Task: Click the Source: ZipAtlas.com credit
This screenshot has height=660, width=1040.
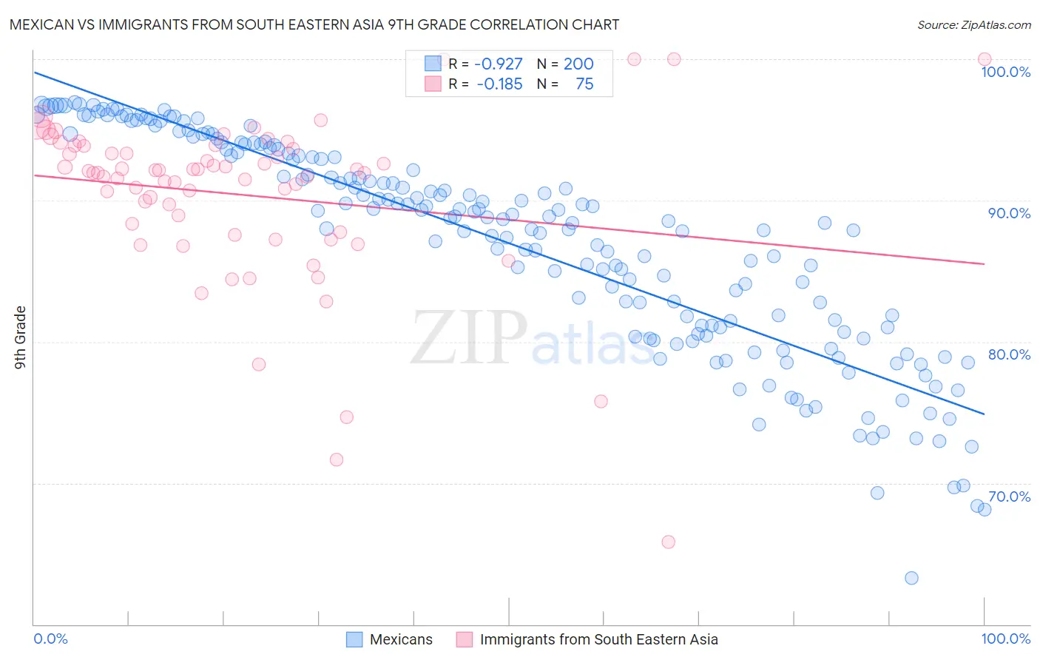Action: click(973, 25)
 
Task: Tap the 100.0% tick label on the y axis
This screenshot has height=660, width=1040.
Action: click(1005, 72)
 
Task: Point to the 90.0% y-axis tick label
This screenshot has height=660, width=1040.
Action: click(1009, 213)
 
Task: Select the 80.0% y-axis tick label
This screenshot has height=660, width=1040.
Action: click(1009, 354)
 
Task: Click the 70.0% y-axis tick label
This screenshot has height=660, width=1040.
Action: click(1009, 496)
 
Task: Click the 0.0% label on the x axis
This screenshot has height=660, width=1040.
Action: click(51, 639)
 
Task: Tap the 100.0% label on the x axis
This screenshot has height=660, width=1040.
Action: click(1005, 639)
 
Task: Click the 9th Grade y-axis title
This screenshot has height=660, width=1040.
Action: click(21, 337)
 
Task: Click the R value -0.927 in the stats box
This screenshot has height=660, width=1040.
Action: click(499, 64)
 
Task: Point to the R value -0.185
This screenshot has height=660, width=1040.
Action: click(499, 84)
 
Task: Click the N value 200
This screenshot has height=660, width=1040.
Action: click(578, 64)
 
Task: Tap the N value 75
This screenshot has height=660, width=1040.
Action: click(584, 84)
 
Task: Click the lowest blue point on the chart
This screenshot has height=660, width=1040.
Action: click(911, 578)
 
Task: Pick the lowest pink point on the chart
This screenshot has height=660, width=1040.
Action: click(668, 542)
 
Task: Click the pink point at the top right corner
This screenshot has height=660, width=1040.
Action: click(984, 59)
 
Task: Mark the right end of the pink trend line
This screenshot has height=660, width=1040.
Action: click(985, 263)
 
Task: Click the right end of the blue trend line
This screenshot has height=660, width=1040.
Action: click(985, 414)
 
